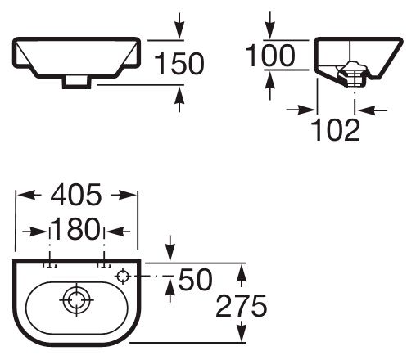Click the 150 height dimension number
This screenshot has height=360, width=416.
[179, 64]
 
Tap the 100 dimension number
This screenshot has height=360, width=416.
[270, 56]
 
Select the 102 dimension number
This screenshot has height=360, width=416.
[335, 130]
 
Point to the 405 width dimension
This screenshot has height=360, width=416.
[76, 195]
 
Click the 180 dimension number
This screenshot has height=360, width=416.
[76, 229]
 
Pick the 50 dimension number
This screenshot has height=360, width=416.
[195, 279]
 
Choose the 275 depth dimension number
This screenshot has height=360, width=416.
[242, 306]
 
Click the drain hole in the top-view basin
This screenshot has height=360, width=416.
[76, 300]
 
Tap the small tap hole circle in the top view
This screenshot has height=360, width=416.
[123, 277]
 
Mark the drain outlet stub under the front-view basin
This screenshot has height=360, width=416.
[76, 83]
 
